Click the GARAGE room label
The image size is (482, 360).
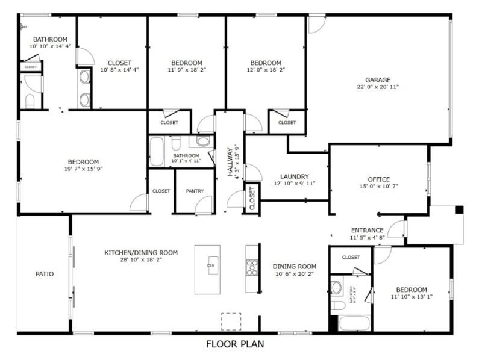tap(378, 79)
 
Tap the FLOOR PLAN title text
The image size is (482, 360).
tap(235, 344)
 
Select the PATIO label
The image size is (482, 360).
tap(45, 274)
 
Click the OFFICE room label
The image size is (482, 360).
tap(378, 179)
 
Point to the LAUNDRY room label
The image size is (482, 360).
tap(294, 176)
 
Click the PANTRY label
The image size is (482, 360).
tap(194, 191)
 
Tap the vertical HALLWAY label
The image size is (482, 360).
tap(230, 161)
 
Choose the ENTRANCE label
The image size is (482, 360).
tap(367, 230)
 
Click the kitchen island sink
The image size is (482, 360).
tap(211, 264)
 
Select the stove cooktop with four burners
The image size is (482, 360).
tap(252, 267)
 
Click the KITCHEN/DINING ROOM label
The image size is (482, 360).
tap(141, 253)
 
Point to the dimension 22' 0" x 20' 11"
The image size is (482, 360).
tap(378, 87)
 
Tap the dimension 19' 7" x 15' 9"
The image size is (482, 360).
tap(83, 169)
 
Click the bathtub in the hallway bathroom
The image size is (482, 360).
tap(157, 152)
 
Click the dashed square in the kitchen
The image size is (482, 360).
tap(231, 321)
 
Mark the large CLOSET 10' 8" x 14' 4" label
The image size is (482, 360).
tap(119, 70)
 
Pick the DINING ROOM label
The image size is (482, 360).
tap(295, 267)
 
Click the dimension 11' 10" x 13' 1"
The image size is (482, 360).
tap(412, 297)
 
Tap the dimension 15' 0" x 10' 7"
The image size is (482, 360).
tap(378, 187)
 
